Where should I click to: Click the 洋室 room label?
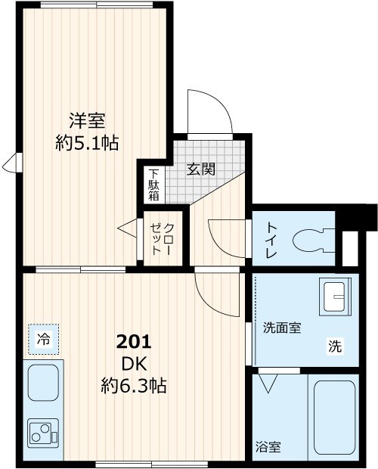(88, 120)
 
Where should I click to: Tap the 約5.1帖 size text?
(87, 142)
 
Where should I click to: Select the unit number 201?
(134, 341)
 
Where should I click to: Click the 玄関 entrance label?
(201, 169)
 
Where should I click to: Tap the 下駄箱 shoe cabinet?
(153, 184)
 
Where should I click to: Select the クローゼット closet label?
(162, 240)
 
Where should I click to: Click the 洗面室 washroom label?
(282, 328)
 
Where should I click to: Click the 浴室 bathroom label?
(268, 447)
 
